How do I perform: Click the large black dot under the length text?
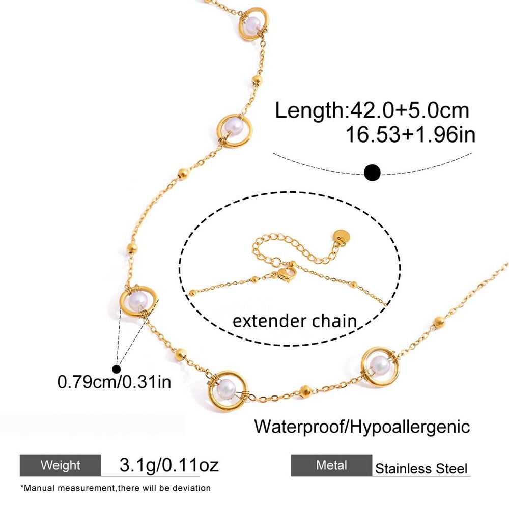372,173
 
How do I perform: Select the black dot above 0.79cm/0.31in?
116,369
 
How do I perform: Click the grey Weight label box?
61,465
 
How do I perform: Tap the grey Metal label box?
331,465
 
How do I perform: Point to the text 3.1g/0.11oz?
169,465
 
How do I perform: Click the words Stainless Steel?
421,469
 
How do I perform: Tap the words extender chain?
295,321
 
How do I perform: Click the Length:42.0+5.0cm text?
372,110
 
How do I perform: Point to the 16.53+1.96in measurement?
410,134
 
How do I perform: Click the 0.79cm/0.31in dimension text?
114,382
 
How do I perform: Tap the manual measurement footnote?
115,488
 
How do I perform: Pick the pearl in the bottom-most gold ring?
226,387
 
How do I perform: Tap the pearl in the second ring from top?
234,126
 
